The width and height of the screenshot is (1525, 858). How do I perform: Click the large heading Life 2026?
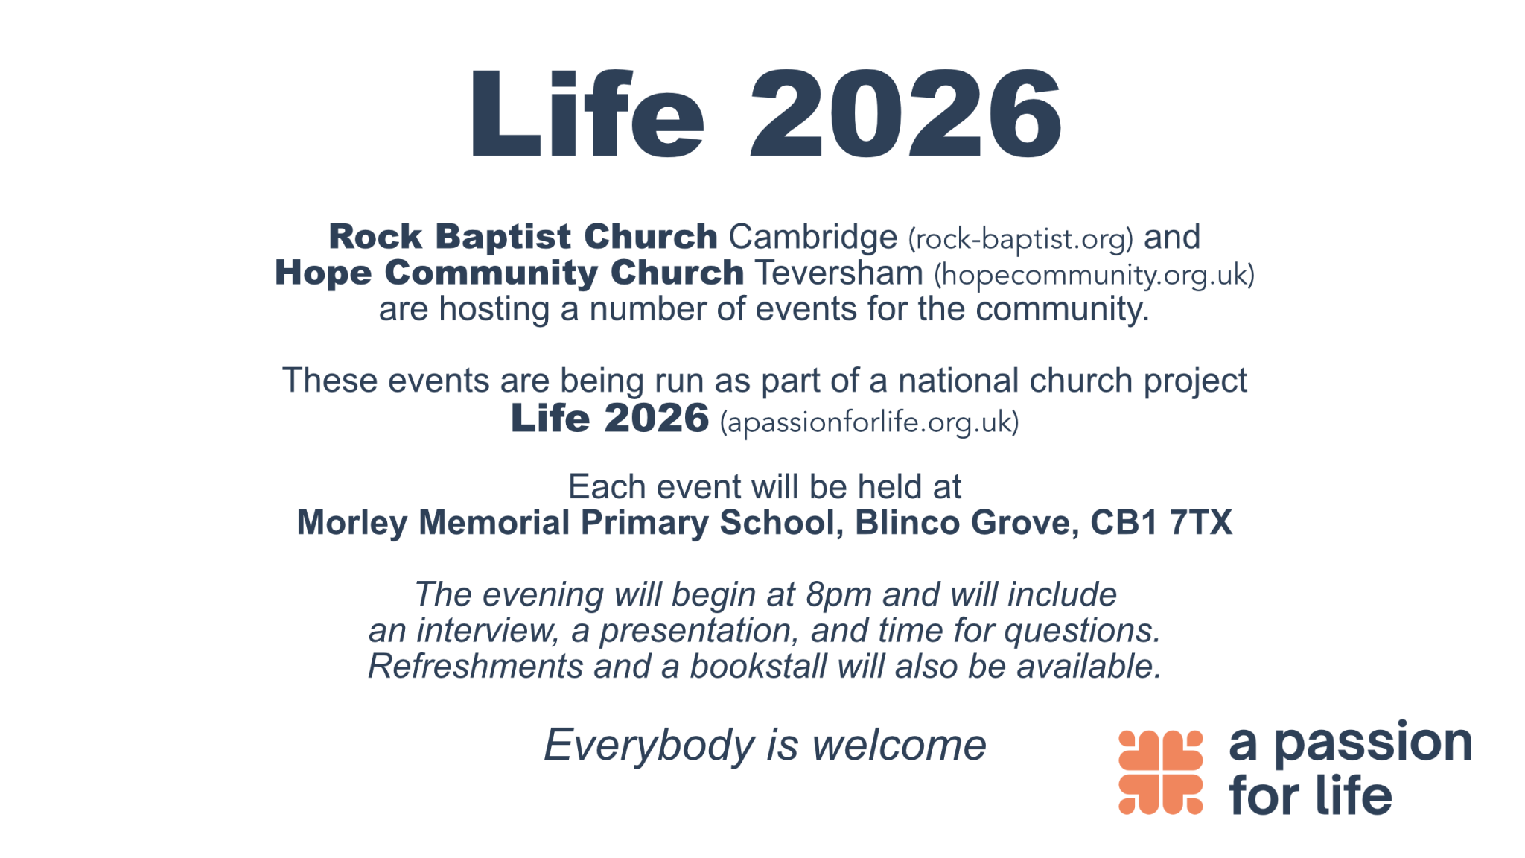point(765,113)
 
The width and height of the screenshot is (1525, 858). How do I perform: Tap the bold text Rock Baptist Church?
point(523,237)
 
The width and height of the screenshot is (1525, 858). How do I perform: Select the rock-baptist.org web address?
point(1020,239)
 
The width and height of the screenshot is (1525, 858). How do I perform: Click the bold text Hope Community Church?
point(509,273)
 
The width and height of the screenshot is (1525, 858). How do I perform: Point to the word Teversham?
point(839,273)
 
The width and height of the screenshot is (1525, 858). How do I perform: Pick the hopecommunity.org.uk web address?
point(1095,275)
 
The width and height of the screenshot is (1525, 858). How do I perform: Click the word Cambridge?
point(813,238)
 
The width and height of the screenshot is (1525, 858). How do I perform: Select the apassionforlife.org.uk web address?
point(869,422)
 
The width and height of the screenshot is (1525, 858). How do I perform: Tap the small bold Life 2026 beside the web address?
point(610,418)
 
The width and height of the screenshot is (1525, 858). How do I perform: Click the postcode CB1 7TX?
point(1162,523)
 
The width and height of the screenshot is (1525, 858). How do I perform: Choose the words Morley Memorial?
point(433,523)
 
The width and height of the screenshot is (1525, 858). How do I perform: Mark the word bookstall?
point(758,667)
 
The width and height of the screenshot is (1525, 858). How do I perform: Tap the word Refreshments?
point(475,667)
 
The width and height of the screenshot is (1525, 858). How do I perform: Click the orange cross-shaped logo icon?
point(1161,772)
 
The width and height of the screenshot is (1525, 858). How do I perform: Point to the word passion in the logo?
point(1374,744)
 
